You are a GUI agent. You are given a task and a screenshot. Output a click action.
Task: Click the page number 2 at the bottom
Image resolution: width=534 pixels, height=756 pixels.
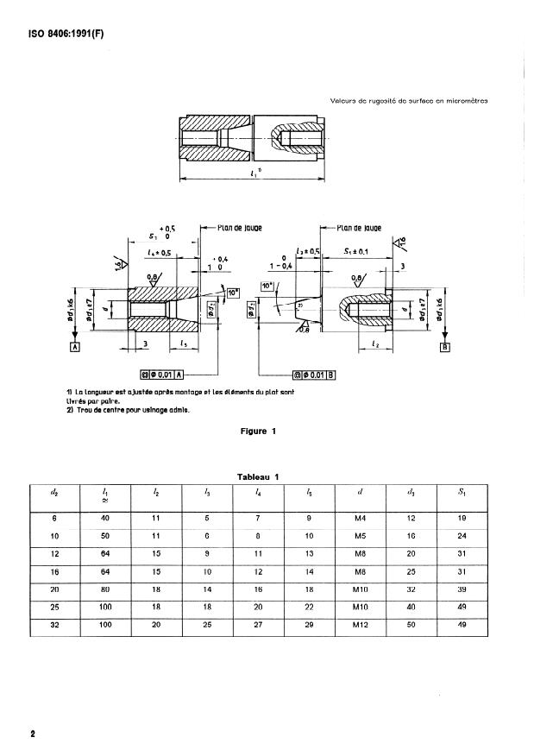click(33, 734)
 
